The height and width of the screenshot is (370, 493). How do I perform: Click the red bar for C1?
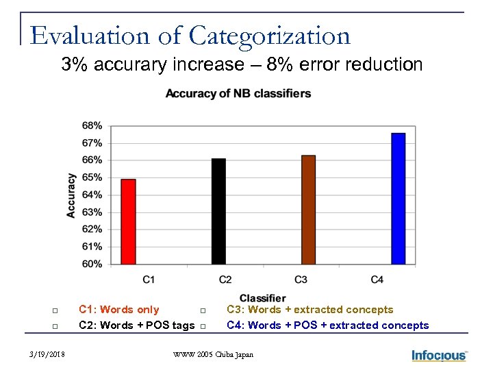[x=128, y=221]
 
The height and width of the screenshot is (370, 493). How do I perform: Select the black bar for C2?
[x=218, y=211]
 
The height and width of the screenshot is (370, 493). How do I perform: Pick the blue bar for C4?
[x=399, y=198]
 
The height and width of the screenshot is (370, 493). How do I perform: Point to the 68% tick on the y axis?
[x=92, y=125]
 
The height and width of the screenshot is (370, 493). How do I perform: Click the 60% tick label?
[x=92, y=264]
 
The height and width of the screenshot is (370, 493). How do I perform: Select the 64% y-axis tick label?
[x=92, y=195]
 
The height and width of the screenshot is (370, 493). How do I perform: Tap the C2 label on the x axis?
[x=225, y=280]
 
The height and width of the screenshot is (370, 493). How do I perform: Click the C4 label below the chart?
[x=377, y=280]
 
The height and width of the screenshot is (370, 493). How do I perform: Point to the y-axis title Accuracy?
[x=71, y=195]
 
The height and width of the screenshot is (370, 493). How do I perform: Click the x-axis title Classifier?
[x=263, y=298]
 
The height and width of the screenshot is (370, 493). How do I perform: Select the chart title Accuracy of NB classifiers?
[x=238, y=93]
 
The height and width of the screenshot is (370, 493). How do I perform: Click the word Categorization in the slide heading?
[x=269, y=36]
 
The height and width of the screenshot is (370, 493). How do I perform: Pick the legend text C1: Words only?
[x=119, y=310]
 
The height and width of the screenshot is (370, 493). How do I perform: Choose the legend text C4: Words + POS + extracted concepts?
[x=327, y=325]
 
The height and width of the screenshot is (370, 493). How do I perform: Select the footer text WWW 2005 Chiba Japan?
[x=213, y=355]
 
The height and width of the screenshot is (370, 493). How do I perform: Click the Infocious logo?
[x=439, y=355]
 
